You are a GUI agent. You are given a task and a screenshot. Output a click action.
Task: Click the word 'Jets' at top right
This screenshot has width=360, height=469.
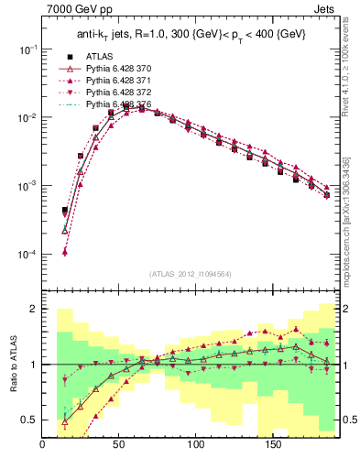[327, 10]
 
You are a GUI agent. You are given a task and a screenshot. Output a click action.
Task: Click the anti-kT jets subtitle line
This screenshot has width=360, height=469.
[191, 34]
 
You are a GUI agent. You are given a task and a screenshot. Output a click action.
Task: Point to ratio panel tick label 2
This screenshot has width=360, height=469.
[32, 310]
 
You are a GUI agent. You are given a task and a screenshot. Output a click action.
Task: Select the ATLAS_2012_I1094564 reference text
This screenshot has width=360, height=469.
[191, 273]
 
